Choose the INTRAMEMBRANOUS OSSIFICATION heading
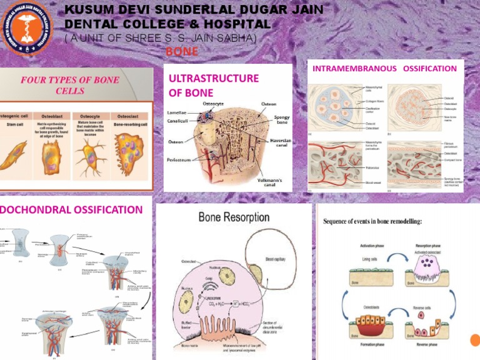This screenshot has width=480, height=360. [x=384, y=68]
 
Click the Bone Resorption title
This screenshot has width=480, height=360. [x=234, y=218]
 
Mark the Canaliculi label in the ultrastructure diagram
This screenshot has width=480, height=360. [x=181, y=121]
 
